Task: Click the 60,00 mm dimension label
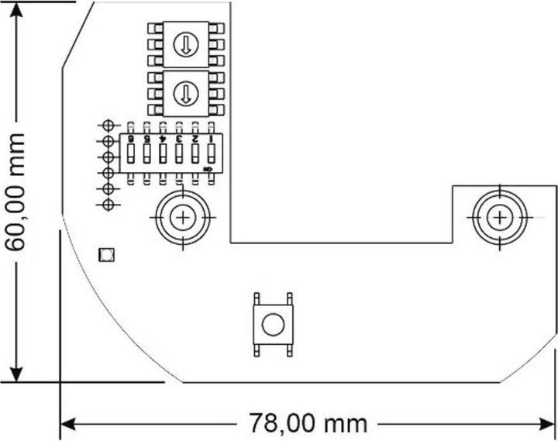[x=15, y=191]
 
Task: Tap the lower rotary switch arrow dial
[x=184, y=94]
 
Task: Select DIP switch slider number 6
[x=130, y=154]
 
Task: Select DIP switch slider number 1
[x=211, y=154]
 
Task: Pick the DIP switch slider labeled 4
[x=163, y=154]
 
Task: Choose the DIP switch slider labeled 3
[x=179, y=154]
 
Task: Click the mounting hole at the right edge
[x=501, y=217]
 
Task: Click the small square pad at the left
[x=105, y=254]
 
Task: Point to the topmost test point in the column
[x=108, y=126]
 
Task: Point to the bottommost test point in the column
[x=108, y=204]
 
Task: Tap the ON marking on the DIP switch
[x=208, y=167]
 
